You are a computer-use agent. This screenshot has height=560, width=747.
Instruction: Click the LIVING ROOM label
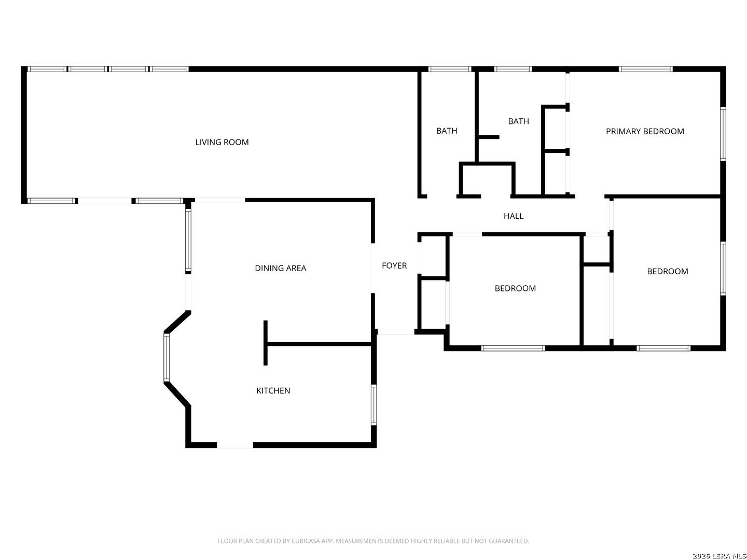point(222,142)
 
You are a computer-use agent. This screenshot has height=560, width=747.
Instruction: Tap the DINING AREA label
point(281,268)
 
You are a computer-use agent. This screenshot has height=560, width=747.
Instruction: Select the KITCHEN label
point(273,390)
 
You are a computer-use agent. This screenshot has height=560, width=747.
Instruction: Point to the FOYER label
point(394,265)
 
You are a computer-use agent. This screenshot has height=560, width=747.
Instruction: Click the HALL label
point(513,216)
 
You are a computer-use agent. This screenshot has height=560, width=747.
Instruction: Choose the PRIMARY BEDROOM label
point(645,131)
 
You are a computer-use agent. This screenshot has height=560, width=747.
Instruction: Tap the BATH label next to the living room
point(447,131)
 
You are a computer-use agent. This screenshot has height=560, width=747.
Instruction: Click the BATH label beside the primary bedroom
point(518,121)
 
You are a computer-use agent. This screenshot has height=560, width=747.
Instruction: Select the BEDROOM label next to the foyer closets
point(515,288)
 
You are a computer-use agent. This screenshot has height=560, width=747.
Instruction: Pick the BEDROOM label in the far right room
point(667,271)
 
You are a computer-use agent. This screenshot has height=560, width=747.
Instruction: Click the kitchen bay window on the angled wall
point(167,357)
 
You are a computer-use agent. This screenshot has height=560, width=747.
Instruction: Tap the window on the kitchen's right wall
point(374,404)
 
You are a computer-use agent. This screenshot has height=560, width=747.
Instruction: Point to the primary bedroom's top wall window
point(645,69)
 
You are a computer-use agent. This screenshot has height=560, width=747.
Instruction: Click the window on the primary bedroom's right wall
point(723,133)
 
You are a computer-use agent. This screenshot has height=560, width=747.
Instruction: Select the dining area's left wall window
point(188,241)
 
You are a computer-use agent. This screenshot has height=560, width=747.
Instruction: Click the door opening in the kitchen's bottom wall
point(235,445)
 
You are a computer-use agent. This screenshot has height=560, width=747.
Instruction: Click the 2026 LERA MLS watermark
point(719,555)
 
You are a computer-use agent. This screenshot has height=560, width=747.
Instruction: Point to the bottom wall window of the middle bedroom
point(513,348)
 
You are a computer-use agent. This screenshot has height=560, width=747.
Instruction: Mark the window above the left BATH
point(450,69)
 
